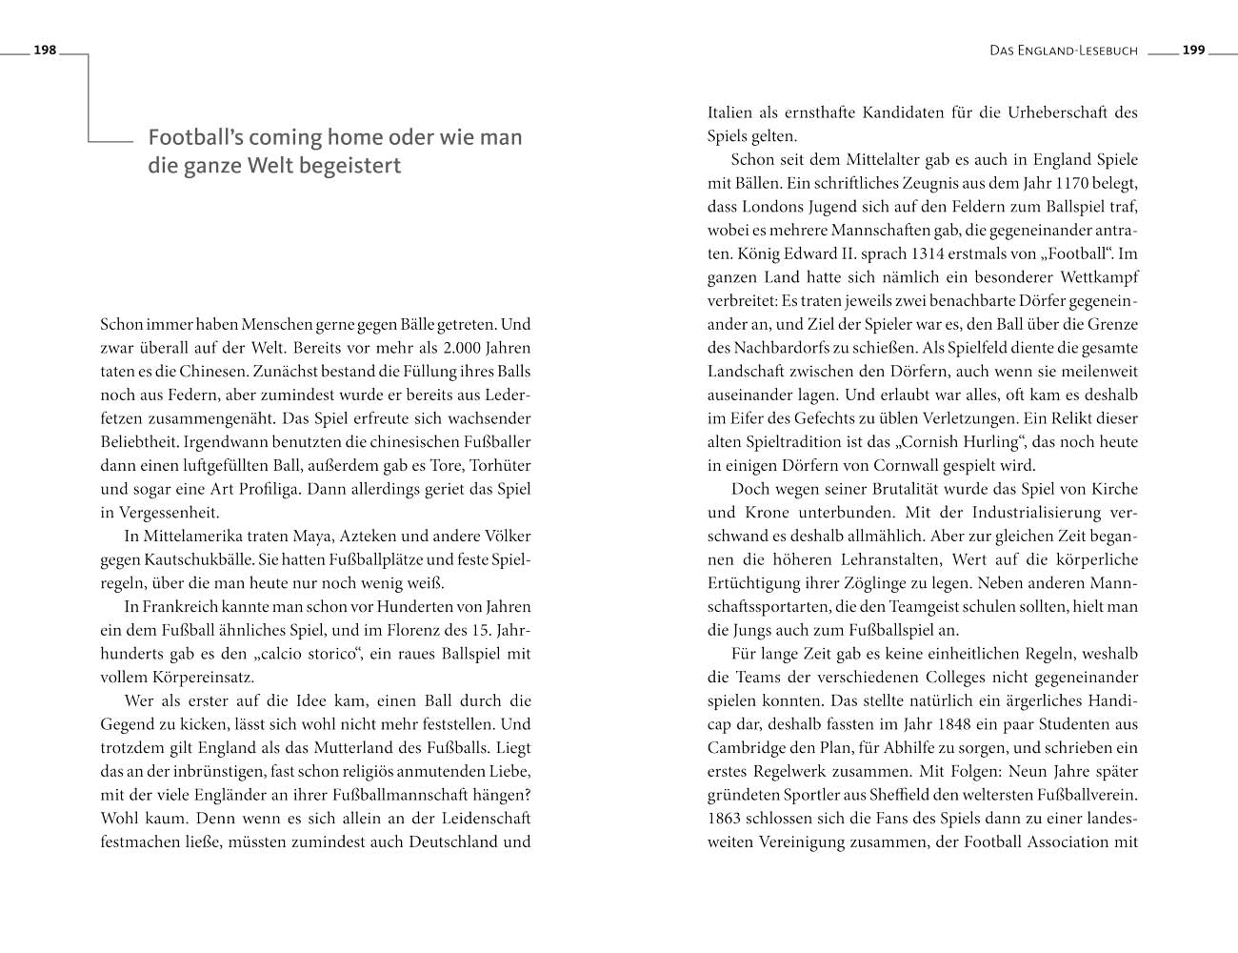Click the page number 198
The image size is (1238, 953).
point(45,51)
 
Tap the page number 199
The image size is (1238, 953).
point(1194,51)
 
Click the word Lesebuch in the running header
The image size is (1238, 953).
point(1105,51)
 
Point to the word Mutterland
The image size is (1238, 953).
point(323,748)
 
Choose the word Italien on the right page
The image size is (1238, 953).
point(730,112)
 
